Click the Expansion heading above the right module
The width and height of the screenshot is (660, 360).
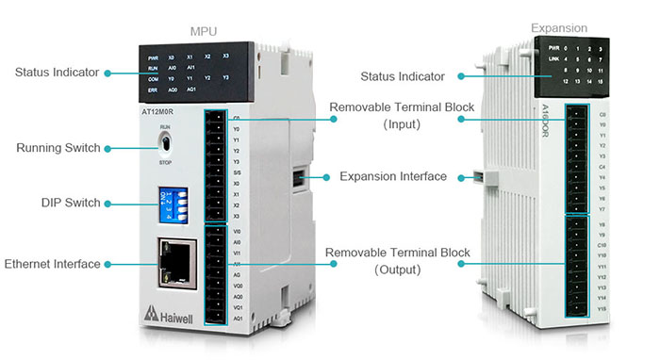pos(559,28)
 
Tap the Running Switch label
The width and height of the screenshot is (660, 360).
pos(58,148)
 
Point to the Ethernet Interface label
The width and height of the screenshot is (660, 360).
pos(53,264)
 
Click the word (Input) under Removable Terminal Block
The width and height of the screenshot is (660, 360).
pos(402,123)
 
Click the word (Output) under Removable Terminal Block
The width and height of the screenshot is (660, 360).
pos(402,270)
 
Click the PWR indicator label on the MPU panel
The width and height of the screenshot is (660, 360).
pos(153,58)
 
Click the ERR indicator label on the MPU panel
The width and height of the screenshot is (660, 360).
pos(153,90)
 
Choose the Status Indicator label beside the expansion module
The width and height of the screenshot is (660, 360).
pos(409,75)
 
